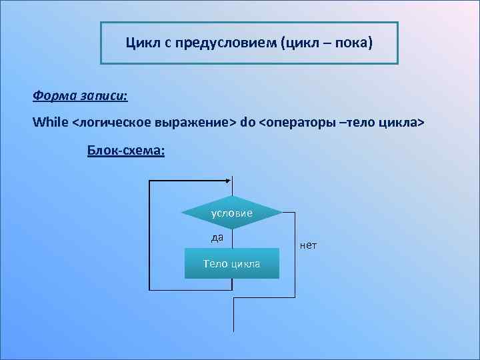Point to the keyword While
(x=50, y=123)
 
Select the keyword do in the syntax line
(x=247, y=123)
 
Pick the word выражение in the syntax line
(x=193, y=123)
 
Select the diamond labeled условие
(x=232, y=213)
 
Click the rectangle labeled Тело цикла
(x=232, y=263)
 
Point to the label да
(x=217, y=237)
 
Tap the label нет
(x=308, y=246)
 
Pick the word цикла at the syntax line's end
(x=401, y=123)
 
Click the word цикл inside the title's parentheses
(x=301, y=44)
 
